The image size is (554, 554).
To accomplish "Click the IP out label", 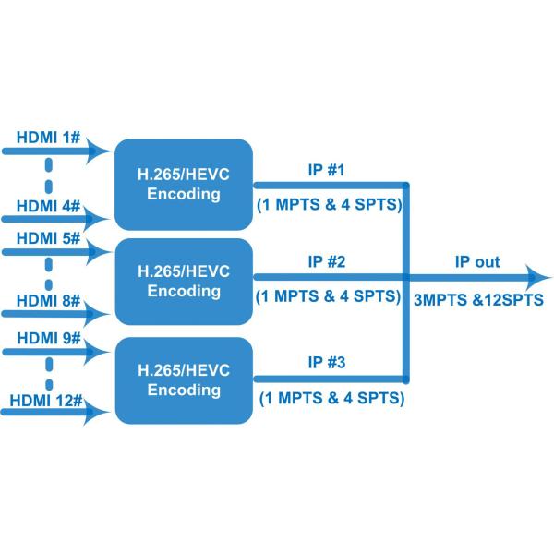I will point(476,262).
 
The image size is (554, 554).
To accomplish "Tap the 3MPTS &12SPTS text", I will point(476,299).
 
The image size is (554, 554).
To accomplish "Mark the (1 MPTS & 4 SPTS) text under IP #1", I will point(329,205).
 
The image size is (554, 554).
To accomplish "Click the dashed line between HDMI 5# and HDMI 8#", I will point(49,269).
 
